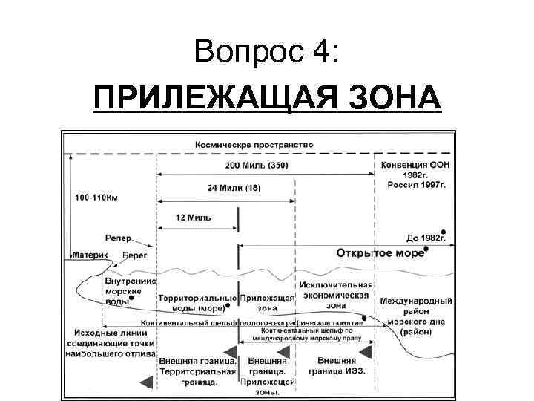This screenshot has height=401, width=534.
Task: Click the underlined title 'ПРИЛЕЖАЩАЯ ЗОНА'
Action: (267, 97)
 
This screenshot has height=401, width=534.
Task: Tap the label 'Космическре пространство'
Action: (254, 143)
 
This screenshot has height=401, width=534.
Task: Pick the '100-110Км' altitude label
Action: (96, 198)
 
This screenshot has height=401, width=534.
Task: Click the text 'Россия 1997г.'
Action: (416, 185)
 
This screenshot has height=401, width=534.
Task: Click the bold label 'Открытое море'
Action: (380, 252)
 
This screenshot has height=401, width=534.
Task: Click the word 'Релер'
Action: (118, 238)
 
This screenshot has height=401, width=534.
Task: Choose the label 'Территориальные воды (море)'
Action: (196, 301)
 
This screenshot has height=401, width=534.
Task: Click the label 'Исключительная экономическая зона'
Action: (336, 295)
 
